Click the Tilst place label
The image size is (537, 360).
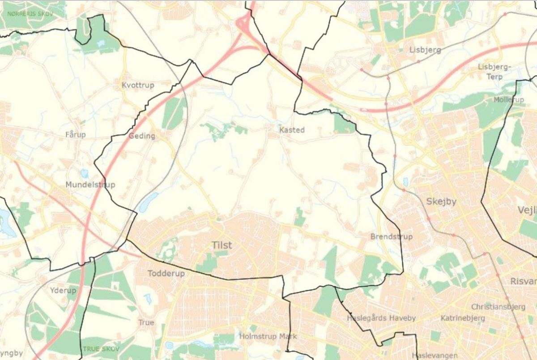(222, 245)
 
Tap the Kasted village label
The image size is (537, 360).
(291, 130)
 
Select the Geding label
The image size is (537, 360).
(141, 136)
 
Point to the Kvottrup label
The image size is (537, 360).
(138, 85)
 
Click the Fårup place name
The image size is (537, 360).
(75, 134)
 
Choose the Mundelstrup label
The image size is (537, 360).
(90, 184)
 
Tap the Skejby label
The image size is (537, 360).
(441, 201)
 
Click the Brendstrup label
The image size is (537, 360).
(392, 236)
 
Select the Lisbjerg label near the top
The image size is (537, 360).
(425, 50)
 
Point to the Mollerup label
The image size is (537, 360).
(509, 99)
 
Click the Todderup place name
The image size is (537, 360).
(166, 273)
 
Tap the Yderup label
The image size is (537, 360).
(63, 290)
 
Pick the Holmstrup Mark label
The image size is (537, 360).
(268, 336)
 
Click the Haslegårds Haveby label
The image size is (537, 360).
(381, 318)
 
